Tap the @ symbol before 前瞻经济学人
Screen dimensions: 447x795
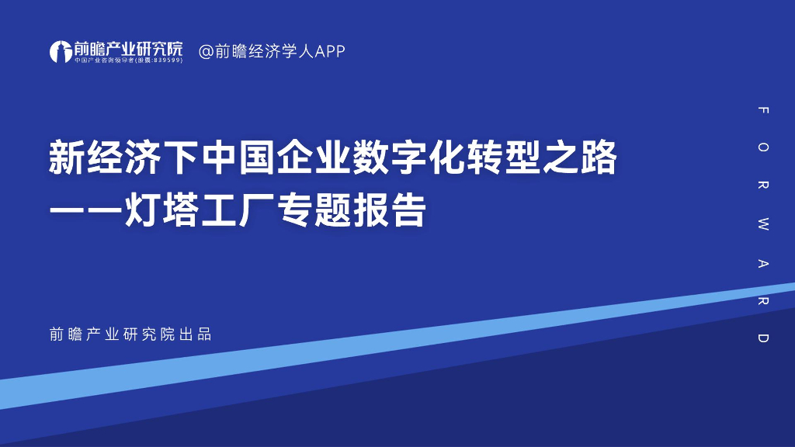click(x=207, y=51)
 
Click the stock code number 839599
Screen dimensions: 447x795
click(x=167, y=61)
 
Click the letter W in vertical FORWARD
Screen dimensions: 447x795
click(x=763, y=226)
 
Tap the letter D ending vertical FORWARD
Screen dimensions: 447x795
click(x=763, y=338)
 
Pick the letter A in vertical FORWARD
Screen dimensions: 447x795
click(x=763, y=264)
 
